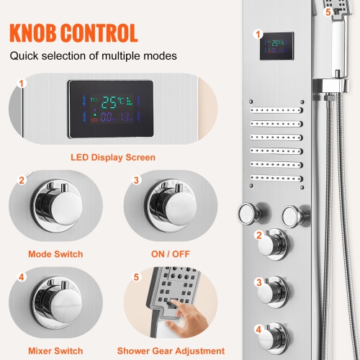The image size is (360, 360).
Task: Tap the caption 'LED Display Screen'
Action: (113, 156)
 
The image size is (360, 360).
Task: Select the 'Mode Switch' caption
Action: (55, 253)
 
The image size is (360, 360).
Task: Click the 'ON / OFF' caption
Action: (170, 253)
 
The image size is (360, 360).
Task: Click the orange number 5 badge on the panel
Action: (328, 12)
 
